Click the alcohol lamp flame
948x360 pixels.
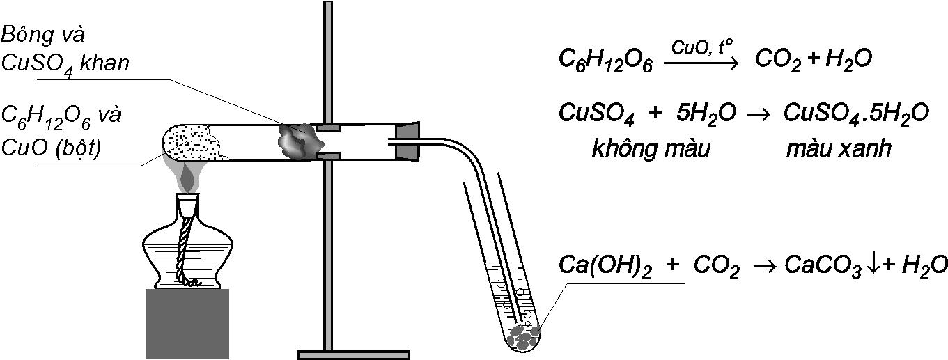coord(187,178)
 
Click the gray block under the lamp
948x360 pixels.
coord(187,323)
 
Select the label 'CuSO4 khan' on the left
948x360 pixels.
coord(65,64)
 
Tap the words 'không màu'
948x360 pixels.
coord(650,149)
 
